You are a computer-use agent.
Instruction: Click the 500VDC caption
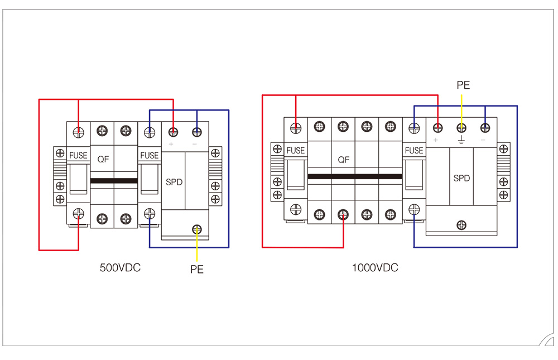click(120, 267)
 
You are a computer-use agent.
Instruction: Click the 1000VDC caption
click(375, 267)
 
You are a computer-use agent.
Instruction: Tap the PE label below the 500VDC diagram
click(197, 270)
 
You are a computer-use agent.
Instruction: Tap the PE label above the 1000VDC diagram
click(463, 85)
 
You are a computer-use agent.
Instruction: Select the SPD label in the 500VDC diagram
click(174, 182)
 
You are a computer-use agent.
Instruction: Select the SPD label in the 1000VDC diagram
click(461, 178)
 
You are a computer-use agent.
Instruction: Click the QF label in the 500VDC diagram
click(103, 159)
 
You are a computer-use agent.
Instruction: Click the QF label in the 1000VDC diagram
click(344, 159)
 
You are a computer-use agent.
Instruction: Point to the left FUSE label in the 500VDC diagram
click(78, 155)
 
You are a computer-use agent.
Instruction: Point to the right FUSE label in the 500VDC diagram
click(149, 155)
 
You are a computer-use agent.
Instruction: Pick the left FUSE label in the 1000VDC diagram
click(295, 150)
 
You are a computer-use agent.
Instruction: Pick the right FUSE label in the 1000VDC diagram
click(413, 150)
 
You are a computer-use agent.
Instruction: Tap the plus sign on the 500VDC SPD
click(172, 144)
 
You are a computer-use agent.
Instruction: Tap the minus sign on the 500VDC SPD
click(196, 144)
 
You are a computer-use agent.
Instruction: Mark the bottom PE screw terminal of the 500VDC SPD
click(197, 229)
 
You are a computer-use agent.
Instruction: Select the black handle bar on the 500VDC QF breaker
click(114, 181)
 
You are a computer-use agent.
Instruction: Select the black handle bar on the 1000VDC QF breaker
click(354, 176)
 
